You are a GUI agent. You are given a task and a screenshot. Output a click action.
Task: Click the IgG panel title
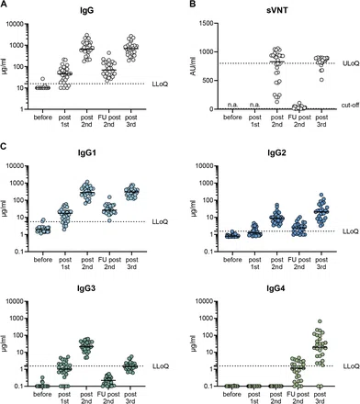[x=86, y=10]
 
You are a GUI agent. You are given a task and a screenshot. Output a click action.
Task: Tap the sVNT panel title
[x=276, y=10]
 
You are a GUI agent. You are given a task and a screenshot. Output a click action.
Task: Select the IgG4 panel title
[x=276, y=288]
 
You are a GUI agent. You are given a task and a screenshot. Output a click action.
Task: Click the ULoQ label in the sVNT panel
[x=351, y=63]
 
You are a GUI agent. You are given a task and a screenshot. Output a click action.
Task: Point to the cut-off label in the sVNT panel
[x=350, y=106]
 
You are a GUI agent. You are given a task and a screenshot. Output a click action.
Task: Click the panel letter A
[x=4, y=4]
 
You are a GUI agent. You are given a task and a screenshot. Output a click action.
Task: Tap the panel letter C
[x=4, y=146]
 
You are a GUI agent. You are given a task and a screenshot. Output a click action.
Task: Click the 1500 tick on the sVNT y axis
[x=207, y=24]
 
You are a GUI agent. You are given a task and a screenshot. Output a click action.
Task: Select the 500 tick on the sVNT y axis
[x=208, y=81]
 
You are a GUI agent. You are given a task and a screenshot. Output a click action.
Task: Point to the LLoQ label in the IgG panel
[x=160, y=84]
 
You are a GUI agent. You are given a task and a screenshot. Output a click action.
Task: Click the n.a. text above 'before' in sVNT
[x=232, y=105]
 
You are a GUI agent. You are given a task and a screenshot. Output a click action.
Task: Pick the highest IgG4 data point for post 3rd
[x=321, y=321]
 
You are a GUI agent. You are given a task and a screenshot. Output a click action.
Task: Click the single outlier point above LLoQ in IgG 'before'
[x=43, y=79]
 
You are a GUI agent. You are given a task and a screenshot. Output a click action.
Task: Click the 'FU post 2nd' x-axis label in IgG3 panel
[x=109, y=398]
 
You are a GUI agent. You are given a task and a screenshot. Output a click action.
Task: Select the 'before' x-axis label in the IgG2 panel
[x=232, y=260]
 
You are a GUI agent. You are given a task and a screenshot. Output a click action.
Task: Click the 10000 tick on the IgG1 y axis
[x=16, y=166]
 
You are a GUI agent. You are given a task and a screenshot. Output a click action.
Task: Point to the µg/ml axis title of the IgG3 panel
[x=4, y=343]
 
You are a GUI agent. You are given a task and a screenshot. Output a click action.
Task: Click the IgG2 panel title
[x=276, y=152]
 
